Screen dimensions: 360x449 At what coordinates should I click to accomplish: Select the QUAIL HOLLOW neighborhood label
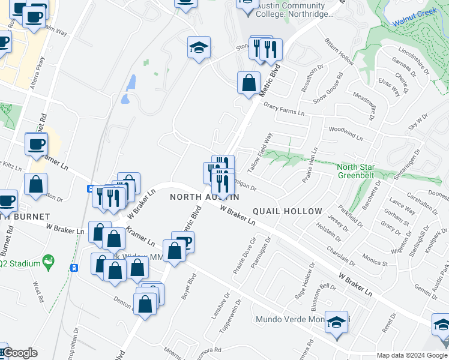click(x=287, y=211)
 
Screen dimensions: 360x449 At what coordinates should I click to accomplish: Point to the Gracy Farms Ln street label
click(x=284, y=109)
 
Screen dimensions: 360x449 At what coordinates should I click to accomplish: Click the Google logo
click(x=19, y=353)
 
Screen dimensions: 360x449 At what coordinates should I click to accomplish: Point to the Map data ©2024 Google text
click(x=412, y=355)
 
